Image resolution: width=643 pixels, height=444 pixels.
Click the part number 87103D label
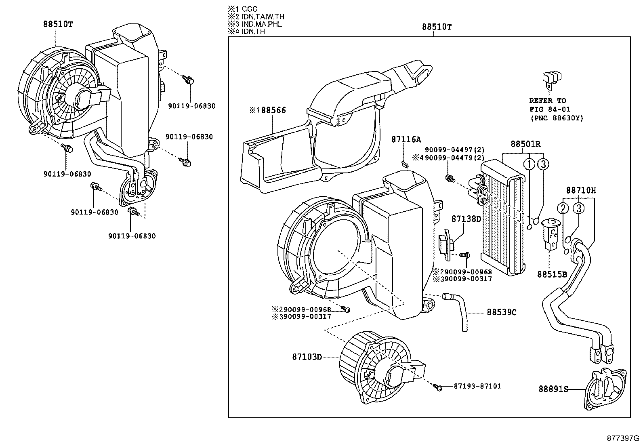tap(307, 357)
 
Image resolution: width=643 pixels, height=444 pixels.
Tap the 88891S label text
tap(553, 389)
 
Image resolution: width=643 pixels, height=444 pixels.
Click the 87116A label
tap(406, 139)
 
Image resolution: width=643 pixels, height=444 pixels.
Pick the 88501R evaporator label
tap(525, 144)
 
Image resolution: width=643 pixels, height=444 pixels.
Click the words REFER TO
tap(547, 101)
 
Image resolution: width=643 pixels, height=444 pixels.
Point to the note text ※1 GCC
tap(243, 9)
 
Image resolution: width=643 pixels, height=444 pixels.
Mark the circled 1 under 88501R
tap(529, 164)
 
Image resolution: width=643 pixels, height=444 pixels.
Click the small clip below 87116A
tap(404, 164)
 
